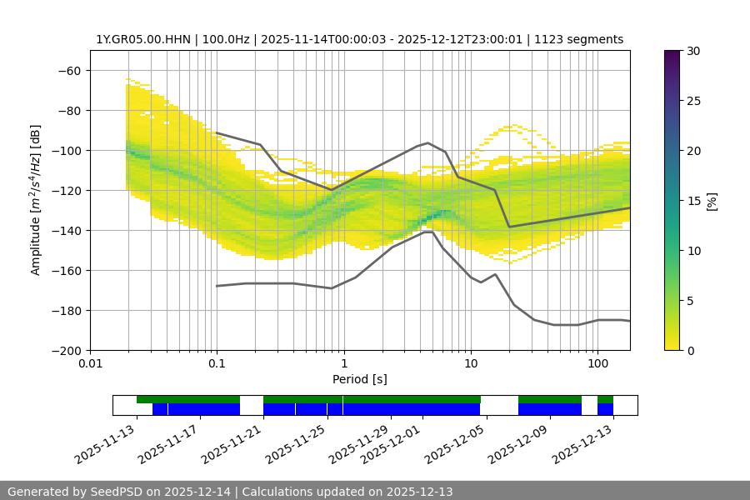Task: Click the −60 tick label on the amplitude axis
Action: tap(69, 70)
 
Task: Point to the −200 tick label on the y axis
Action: tap(66, 350)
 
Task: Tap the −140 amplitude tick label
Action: tap(66, 230)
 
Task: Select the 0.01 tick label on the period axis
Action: tap(90, 364)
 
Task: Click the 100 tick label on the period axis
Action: tap(597, 364)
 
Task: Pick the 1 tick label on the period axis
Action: tap(343, 364)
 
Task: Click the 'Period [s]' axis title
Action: tap(359, 379)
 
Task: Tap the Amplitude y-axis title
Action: tap(35, 200)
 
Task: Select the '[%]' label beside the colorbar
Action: tap(712, 201)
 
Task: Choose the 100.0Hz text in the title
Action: tap(225, 39)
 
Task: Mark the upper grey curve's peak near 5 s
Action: tap(428, 142)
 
